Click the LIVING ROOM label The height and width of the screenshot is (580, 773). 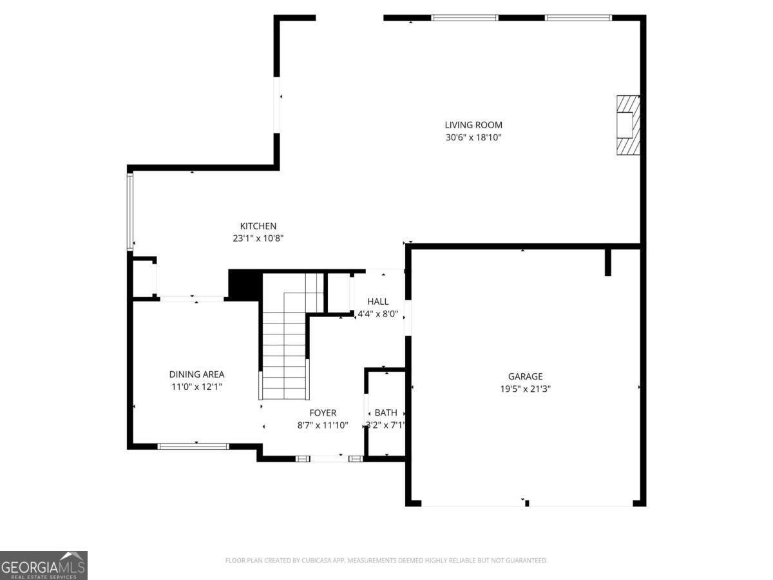click(x=473, y=125)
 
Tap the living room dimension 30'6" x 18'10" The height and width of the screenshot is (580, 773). click(x=473, y=137)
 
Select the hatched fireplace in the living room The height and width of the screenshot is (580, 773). click(x=628, y=125)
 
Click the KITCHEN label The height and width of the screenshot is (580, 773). click(x=258, y=226)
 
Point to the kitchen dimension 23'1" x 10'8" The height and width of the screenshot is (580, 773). click(x=258, y=238)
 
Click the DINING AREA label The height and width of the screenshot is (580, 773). click(x=196, y=374)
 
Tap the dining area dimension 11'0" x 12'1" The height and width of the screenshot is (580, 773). click(x=196, y=387)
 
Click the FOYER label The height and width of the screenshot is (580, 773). click(x=323, y=413)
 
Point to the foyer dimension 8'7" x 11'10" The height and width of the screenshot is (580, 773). click(x=323, y=425)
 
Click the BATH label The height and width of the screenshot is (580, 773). click(x=386, y=413)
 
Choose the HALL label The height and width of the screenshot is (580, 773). click(x=378, y=302)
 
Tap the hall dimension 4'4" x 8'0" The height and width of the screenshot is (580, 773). click(x=378, y=314)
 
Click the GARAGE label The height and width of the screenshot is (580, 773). click(x=525, y=377)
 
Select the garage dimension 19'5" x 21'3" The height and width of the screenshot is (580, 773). click(x=525, y=389)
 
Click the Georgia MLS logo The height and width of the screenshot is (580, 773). click(x=43, y=565)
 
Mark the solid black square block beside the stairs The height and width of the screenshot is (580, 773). click(x=245, y=285)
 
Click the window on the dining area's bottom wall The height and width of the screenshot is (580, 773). click(x=193, y=446)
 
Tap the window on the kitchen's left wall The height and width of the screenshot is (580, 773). click(x=130, y=211)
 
